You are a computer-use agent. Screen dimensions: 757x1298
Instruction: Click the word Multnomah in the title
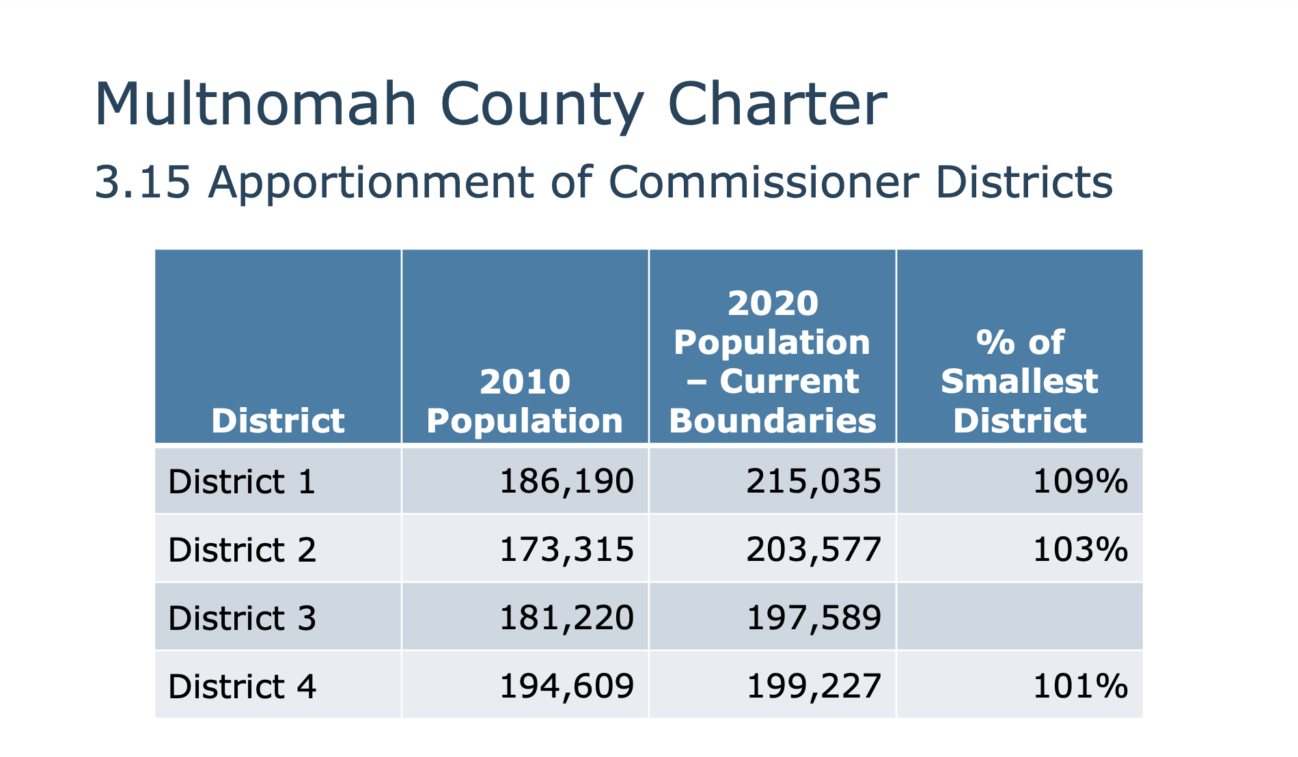255,105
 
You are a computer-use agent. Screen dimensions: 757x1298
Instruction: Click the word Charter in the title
777,105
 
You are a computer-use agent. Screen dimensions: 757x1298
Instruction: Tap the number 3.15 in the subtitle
142,182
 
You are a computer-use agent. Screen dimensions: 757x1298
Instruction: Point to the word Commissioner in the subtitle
762,182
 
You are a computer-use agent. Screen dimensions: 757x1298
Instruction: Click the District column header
278,420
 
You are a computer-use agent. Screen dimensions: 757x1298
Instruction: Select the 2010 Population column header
525,401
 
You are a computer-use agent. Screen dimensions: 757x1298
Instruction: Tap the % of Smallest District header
1019,381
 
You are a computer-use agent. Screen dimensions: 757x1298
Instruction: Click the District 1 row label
242,482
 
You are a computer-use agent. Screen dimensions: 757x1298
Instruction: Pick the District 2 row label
242,550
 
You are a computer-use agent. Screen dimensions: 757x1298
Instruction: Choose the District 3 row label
242,618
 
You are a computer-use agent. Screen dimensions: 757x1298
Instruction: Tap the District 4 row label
242,687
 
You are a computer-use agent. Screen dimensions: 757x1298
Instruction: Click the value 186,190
566,482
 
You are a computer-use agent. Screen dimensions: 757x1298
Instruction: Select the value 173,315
566,550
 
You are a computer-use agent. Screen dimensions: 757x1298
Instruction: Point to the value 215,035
814,482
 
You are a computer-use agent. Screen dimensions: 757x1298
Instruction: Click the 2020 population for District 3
814,618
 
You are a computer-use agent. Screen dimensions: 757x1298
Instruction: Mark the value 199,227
814,687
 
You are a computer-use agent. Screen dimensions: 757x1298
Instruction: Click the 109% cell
1080,482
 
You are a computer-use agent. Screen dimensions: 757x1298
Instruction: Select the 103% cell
1080,550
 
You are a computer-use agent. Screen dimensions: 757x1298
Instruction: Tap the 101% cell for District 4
1080,687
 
